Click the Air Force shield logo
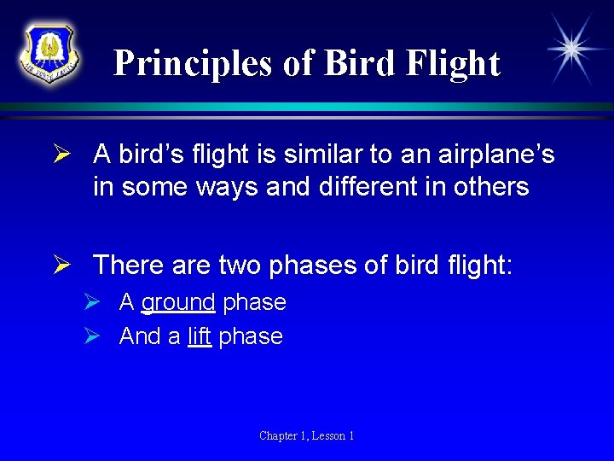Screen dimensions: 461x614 click(49, 51)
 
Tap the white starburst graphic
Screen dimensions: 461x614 click(572, 49)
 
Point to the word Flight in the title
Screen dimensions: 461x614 click(452, 63)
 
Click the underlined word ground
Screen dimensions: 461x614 click(178, 302)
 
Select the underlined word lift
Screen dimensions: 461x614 click(200, 336)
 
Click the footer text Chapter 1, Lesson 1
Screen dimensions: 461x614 click(307, 435)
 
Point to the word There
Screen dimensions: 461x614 click(128, 265)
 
